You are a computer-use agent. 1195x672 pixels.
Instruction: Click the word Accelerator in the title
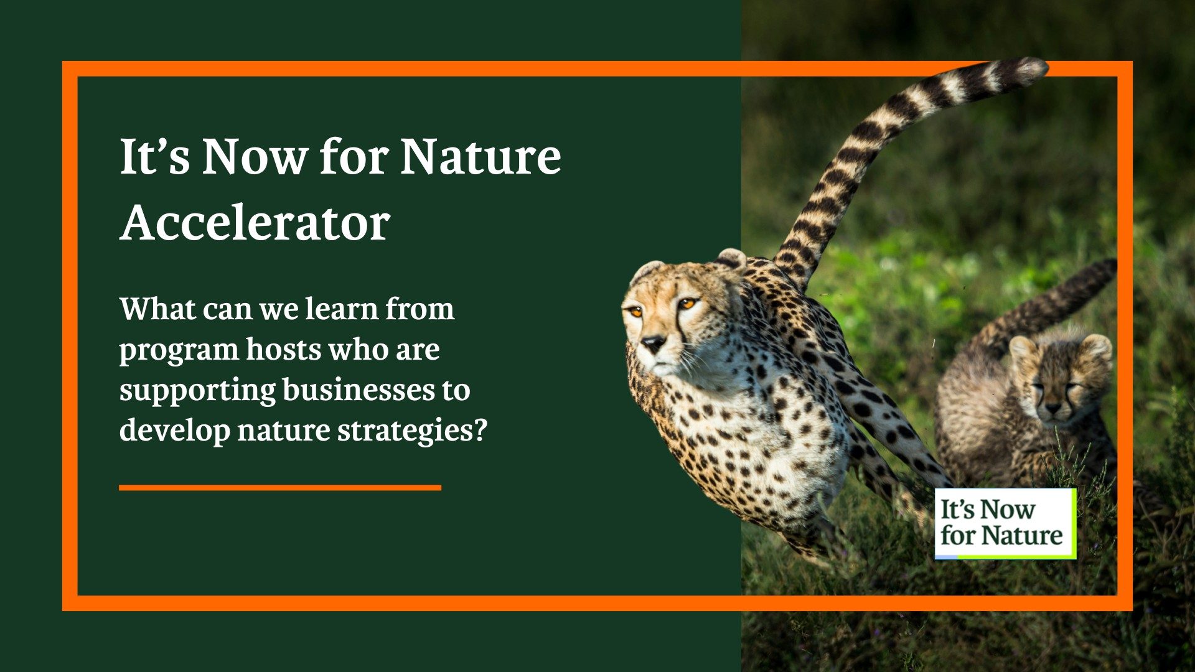coord(255,223)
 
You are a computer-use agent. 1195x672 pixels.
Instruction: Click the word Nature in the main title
coord(480,156)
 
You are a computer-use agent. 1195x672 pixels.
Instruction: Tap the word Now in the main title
coord(254,156)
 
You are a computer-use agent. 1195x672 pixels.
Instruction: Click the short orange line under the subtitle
coord(279,488)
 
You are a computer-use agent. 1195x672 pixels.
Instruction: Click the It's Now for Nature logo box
coord(1005,523)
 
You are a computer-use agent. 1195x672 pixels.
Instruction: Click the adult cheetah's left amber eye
coord(687,304)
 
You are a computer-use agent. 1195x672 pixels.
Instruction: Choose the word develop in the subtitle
coord(174,431)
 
